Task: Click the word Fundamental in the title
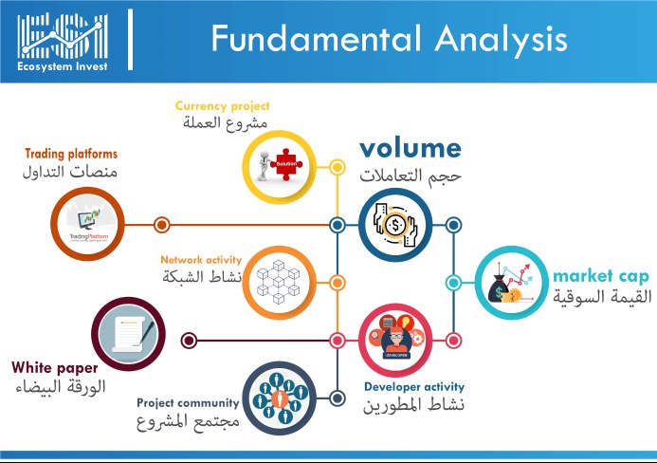click(316, 38)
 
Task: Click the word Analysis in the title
click(501, 40)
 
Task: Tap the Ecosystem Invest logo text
click(63, 66)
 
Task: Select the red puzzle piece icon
click(286, 164)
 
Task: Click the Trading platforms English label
click(71, 154)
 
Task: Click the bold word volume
click(411, 148)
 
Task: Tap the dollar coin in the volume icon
click(394, 226)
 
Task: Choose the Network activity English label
click(201, 260)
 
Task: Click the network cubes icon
click(279, 282)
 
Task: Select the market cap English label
click(601, 276)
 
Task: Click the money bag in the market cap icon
click(499, 288)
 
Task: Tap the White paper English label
click(55, 368)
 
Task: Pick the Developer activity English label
click(414, 387)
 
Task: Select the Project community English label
click(188, 402)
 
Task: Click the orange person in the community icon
click(280, 398)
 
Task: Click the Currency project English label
click(222, 105)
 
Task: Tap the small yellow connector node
click(337, 167)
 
